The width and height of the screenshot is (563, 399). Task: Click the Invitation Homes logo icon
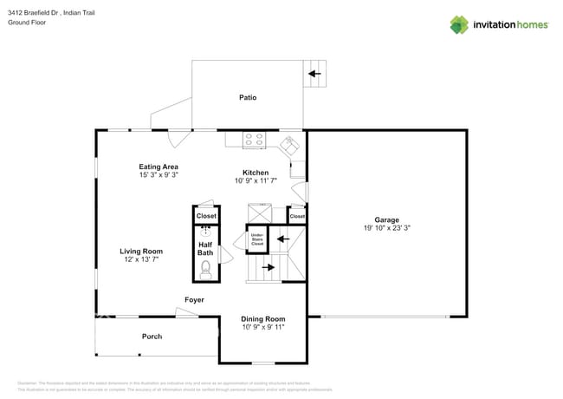coord(458,24)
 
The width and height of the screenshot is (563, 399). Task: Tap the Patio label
coord(248,97)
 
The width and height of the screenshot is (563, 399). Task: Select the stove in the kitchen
coord(253,138)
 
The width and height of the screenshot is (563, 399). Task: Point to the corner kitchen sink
coord(290,143)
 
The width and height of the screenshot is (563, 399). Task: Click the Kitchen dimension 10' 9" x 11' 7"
coord(256,181)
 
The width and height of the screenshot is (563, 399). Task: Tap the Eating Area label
coord(159,167)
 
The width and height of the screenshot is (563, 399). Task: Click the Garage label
coord(386,219)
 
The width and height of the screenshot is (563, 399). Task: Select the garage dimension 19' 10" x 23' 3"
coord(386,228)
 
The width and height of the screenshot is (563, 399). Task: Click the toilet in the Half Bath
coord(206,270)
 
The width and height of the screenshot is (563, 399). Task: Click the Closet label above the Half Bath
coord(206,215)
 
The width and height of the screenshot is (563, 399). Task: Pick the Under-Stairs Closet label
coord(257,239)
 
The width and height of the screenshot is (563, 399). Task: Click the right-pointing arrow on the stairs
coord(269,267)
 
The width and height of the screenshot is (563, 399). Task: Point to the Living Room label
coord(141,252)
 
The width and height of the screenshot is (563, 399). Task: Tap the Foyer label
coord(194,300)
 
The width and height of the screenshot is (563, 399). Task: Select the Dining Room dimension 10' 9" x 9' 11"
coord(262,329)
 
